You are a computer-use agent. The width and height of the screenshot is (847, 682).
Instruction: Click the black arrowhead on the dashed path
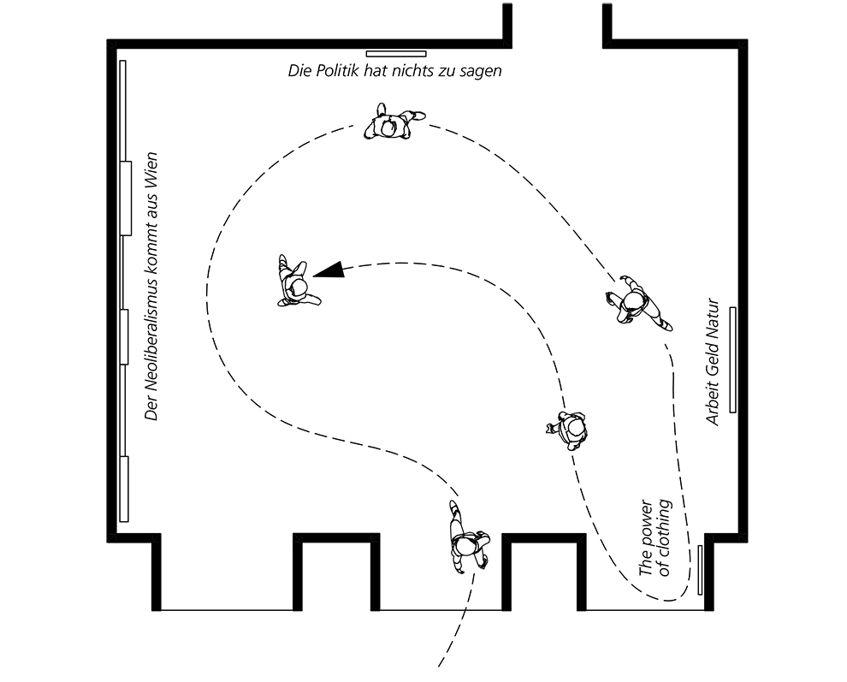[330, 270]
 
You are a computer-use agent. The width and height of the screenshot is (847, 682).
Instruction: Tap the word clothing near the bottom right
[664, 537]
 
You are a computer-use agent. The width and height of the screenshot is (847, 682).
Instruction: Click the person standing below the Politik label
[393, 124]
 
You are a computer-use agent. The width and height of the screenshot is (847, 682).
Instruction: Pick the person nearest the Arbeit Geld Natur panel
[637, 303]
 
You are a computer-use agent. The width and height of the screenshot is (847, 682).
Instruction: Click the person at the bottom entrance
[467, 538]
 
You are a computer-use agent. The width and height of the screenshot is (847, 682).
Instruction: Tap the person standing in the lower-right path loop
[570, 429]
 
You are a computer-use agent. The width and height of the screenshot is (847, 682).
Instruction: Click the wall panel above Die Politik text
[396, 54]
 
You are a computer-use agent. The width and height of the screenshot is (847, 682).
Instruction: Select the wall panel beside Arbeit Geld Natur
[733, 360]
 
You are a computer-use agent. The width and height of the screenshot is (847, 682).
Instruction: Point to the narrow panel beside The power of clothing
[700, 570]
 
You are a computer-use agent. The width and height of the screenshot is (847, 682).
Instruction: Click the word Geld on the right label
[713, 360]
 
